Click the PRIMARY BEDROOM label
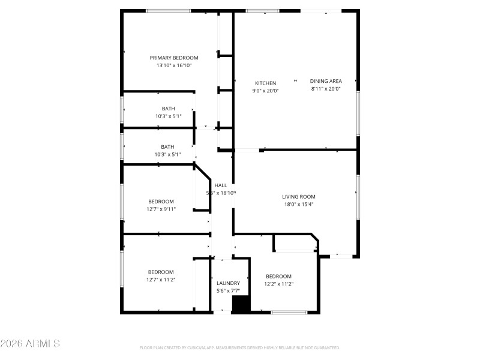pyautogui.click(x=174, y=58)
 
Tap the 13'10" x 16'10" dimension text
pyautogui.click(x=174, y=65)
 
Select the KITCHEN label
pyautogui.click(x=265, y=83)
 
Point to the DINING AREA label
pyautogui.click(x=326, y=81)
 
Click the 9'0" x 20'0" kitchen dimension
pyautogui.click(x=265, y=91)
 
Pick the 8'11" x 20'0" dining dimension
pyautogui.click(x=326, y=89)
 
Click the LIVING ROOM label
pyautogui.click(x=299, y=196)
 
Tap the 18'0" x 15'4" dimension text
pyautogui.click(x=299, y=204)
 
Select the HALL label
pyautogui.click(x=221, y=185)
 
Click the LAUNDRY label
pyautogui.click(x=228, y=283)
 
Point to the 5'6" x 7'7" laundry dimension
pyautogui.click(x=228, y=291)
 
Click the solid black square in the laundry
pyautogui.click(x=241, y=304)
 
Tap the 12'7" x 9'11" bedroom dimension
pyautogui.click(x=161, y=209)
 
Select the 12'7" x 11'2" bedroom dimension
pyautogui.click(x=161, y=279)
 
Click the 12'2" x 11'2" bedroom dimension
pyautogui.click(x=279, y=284)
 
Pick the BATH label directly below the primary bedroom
pyautogui.click(x=168, y=109)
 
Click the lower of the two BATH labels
pyautogui.click(x=167, y=146)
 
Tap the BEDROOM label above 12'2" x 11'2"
pyautogui.click(x=279, y=276)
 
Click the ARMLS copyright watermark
pyautogui.click(x=30, y=344)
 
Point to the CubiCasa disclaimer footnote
pyautogui.click(x=240, y=347)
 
